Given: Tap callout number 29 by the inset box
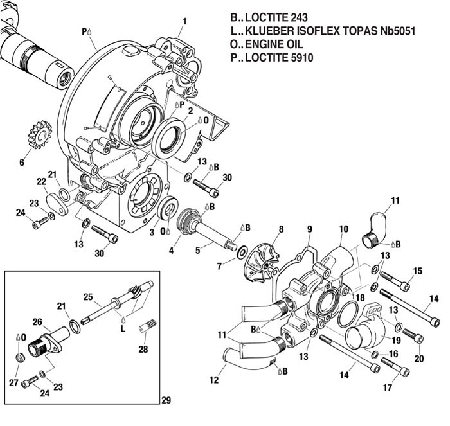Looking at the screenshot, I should [166, 400].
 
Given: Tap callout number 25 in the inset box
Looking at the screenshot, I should [89, 297].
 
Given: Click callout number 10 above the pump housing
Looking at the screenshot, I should [343, 229].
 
